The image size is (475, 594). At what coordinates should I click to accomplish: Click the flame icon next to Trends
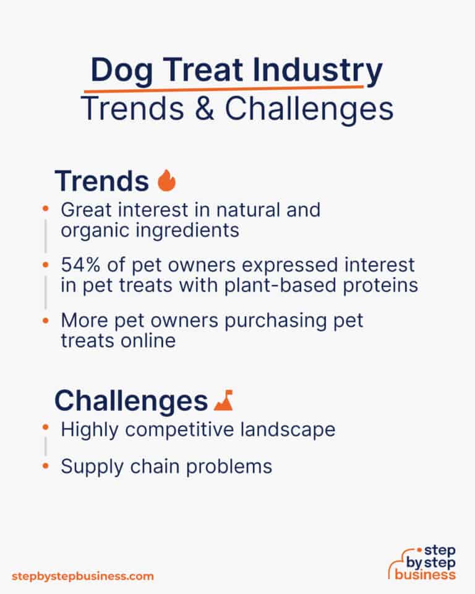pos(167,181)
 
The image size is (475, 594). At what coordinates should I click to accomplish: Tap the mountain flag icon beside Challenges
pos(223,402)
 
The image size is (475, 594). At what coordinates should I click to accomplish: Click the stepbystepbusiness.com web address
pos(83,576)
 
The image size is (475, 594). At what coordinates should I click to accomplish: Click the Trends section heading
pos(101,181)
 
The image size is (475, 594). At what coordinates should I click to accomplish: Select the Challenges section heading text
pos(131,401)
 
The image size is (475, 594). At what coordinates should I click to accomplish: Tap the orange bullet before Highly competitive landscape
pos(45,428)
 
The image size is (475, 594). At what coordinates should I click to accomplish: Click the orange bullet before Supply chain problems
pos(45,465)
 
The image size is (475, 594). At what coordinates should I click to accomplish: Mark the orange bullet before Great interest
pos(45,209)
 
